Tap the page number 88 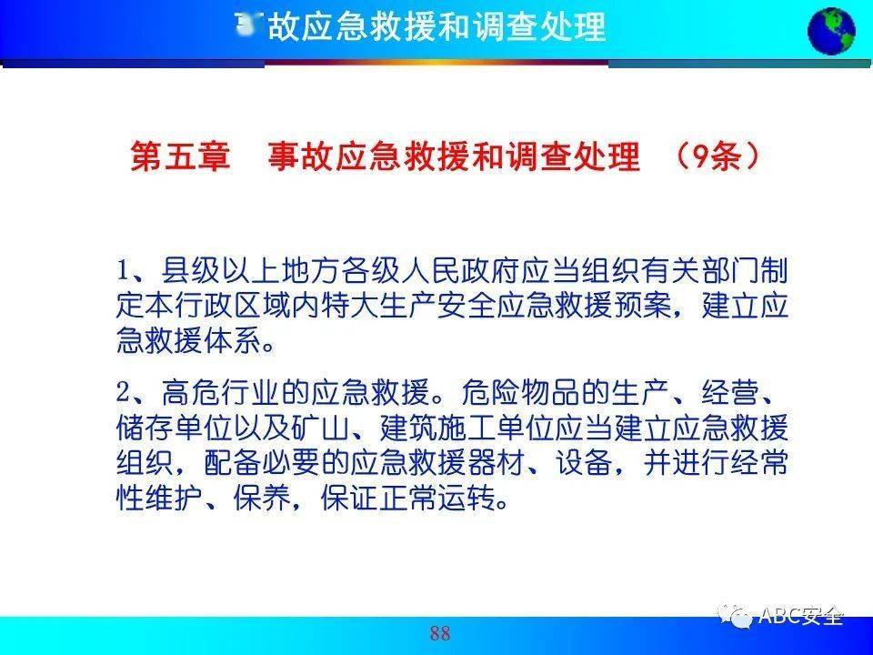tap(440, 633)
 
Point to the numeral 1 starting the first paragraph tap(125, 271)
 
